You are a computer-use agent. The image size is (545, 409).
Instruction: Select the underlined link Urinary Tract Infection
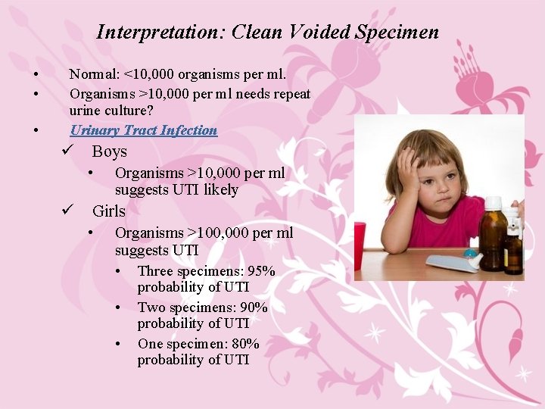143,130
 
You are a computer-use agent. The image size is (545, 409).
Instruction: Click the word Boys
110,151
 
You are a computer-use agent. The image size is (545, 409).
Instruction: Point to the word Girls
109,211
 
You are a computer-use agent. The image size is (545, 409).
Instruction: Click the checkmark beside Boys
67,151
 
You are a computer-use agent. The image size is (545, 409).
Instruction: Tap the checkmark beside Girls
67,211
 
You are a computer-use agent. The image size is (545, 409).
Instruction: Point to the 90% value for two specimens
254,308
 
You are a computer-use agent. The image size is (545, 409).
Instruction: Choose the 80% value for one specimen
246,344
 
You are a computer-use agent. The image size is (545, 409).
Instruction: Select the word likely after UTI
220,189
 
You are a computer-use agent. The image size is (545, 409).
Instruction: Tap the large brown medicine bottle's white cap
493,203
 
